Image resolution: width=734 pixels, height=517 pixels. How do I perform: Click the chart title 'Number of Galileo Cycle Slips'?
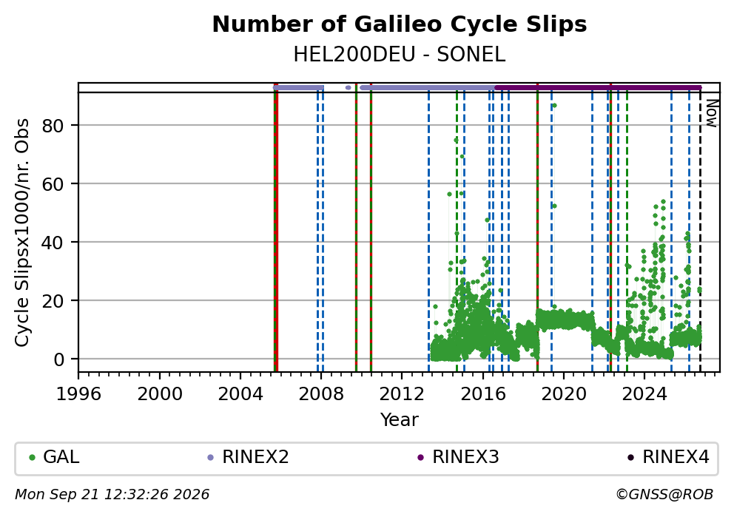click(400, 24)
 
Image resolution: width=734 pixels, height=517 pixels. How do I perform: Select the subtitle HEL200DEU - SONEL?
click(400, 55)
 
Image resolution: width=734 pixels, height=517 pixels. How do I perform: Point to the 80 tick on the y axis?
click(53, 126)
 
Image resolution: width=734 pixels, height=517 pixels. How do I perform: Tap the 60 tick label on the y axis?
click(53, 184)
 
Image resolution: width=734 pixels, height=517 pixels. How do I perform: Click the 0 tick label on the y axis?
click(59, 359)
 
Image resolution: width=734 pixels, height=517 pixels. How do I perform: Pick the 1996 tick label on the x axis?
click(78, 394)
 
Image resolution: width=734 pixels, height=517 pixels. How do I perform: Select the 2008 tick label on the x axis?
click(321, 394)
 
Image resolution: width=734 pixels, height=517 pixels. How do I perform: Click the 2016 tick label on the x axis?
click(483, 394)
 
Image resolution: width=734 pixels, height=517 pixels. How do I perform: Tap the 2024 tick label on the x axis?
click(644, 394)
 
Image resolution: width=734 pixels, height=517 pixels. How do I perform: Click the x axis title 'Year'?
click(400, 419)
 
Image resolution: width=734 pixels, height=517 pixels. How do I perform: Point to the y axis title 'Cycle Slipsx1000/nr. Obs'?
click(22, 232)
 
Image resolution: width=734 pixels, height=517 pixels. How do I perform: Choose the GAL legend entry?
click(54, 457)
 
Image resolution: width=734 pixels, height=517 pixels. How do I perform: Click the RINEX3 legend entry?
click(458, 457)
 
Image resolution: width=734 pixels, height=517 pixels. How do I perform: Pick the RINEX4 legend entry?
click(668, 457)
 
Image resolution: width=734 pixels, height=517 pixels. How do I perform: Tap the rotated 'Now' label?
click(712, 112)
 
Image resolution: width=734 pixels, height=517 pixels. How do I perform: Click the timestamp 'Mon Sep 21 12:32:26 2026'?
click(112, 495)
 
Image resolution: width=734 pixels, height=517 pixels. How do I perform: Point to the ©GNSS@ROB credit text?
click(664, 495)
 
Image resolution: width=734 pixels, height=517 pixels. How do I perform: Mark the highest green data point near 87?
click(554, 106)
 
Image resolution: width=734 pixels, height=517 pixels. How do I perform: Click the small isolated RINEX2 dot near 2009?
click(348, 87)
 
